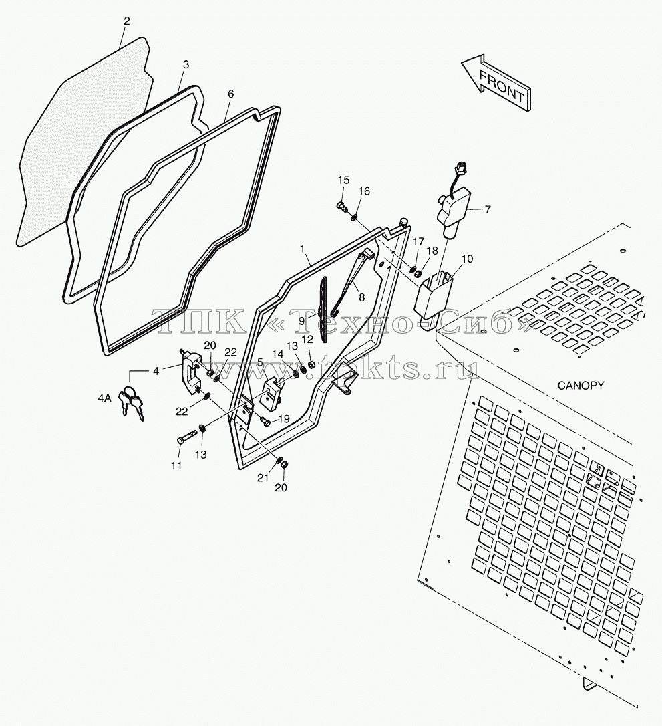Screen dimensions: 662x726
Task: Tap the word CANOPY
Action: pos(581,385)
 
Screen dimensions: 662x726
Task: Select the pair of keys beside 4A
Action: pos(132,402)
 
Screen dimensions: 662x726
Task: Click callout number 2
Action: pos(127,21)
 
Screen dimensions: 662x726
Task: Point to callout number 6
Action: pos(231,94)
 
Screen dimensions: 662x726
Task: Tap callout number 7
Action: pos(487,209)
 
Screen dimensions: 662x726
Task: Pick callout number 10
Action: pos(467,259)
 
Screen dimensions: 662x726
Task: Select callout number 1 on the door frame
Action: pos(302,249)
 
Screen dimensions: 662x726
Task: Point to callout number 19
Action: pos(283,419)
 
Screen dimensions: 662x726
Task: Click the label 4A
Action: pos(105,398)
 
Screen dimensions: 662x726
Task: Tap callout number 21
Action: pos(263,477)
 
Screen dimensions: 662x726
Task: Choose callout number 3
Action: pos(186,64)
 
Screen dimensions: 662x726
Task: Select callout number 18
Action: pos(432,251)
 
